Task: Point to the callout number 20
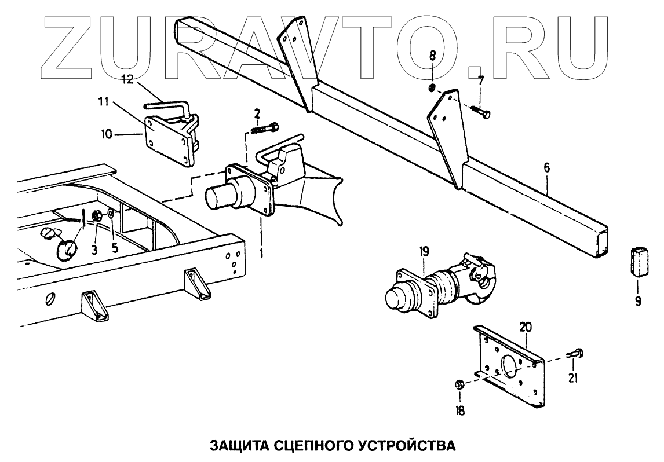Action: point(526,328)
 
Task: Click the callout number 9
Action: point(637,301)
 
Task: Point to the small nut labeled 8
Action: point(432,88)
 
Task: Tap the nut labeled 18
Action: point(458,384)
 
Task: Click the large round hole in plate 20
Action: point(509,368)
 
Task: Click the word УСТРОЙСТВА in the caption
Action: point(402,446)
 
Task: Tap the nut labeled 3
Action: point(98,217)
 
